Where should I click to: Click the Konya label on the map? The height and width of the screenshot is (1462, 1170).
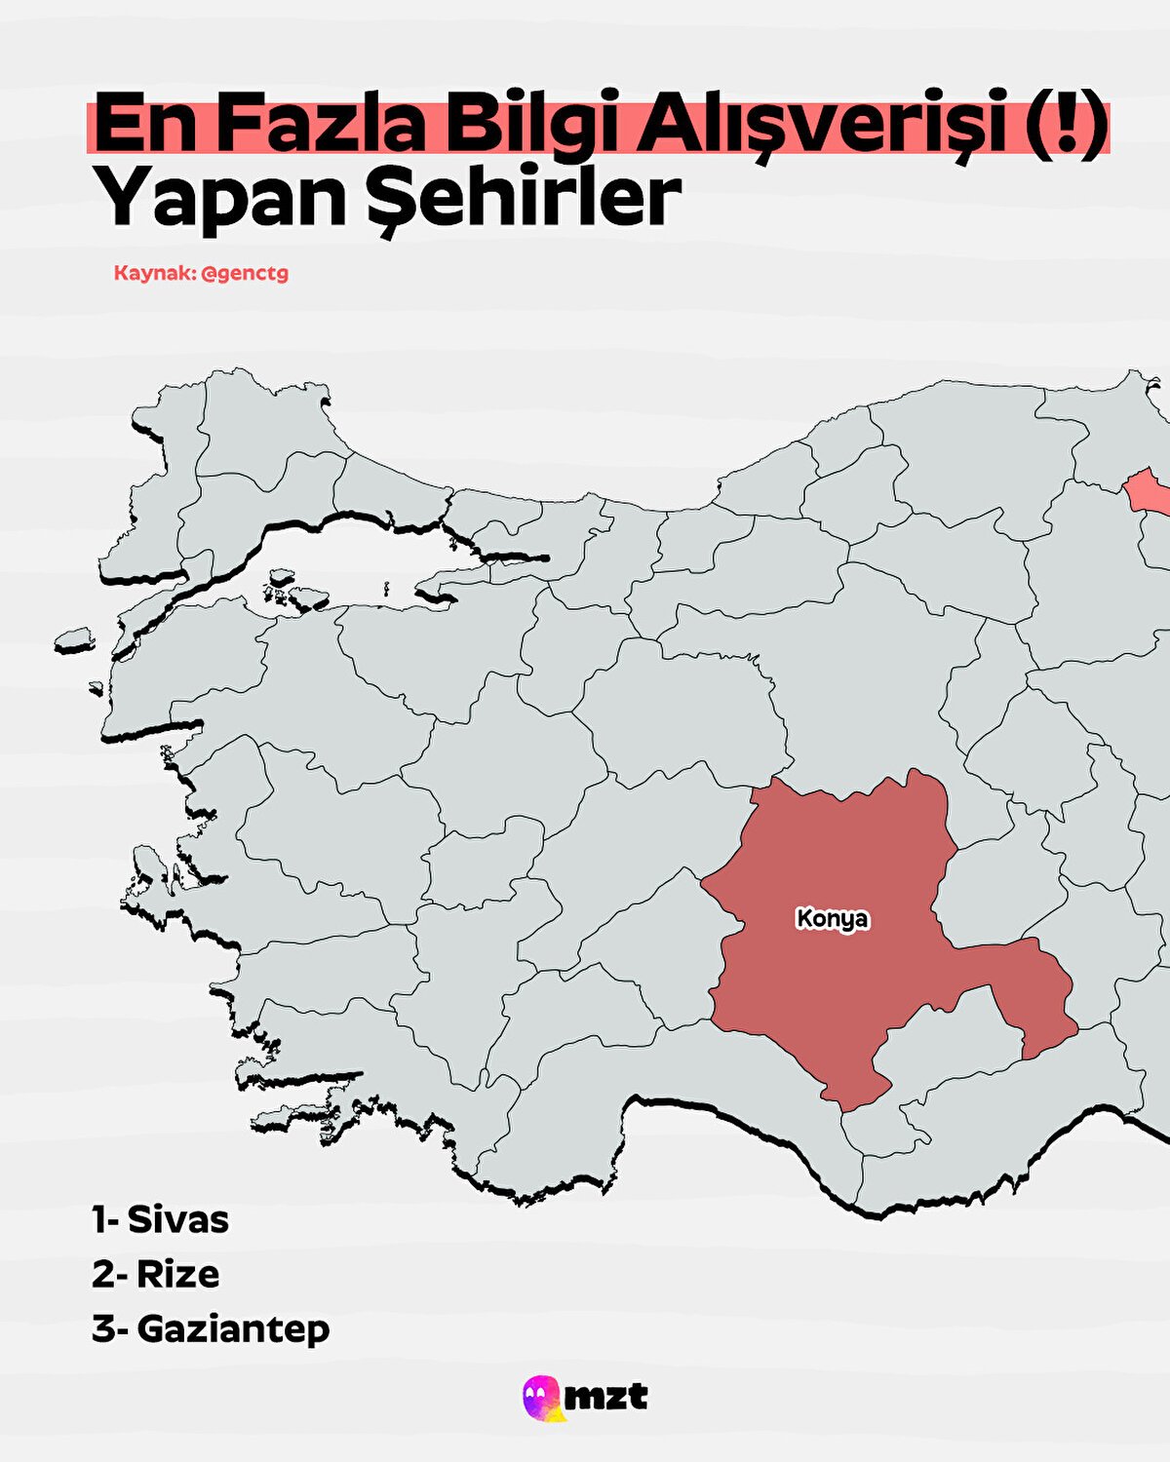pos(832,919)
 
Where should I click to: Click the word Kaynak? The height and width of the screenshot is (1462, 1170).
pos(153,273)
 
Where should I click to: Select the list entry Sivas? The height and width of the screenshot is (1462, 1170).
pos(178,1219)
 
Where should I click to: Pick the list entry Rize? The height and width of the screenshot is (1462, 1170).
pos(178,1274)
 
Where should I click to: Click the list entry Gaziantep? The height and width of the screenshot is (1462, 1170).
pos(233,1328)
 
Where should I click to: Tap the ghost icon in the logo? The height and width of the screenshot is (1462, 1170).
pos(542,1398)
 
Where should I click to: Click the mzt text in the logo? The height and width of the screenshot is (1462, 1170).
pos(606,1397)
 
